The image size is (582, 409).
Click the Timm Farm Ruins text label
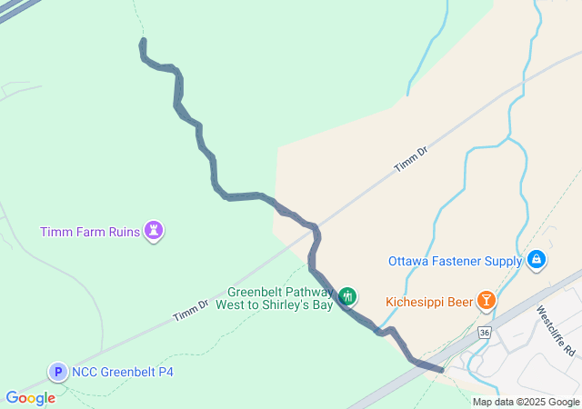click(x=89, y=232)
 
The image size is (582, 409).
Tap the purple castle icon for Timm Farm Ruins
click(x=156, y=231)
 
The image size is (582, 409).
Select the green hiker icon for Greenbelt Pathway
click(x=346, y=296)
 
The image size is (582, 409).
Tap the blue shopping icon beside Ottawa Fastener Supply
click(x=537, y=261)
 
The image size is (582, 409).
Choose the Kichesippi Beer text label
click(x=428, y=301)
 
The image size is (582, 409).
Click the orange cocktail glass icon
click(x=487, y=300)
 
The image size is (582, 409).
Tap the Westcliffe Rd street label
click(x=556, y=329)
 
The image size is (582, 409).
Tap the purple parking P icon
click(x=58, y=371)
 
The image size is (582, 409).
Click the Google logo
click(x=30, y=398)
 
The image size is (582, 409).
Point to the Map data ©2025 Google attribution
click(x=526, y=402)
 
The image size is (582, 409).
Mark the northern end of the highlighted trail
click(x=143, y=42)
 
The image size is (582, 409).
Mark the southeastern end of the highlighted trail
click(x=441, y=369)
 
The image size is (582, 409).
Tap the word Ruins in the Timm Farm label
click(x=121, y=232)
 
